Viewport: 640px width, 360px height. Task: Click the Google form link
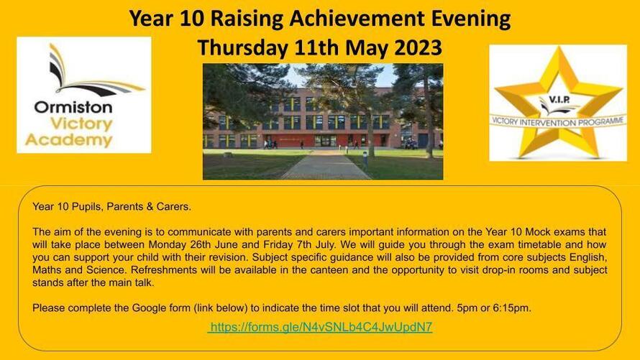tap(321, 327)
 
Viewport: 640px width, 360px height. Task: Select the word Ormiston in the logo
tap(73, 108)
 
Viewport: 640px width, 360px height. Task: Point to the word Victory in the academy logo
tap(81, 124)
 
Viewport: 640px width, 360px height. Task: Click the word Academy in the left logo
tap(68, 140)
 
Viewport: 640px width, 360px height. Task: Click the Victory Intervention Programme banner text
tap(558, 121)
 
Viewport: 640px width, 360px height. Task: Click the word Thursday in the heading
tap(243, 47)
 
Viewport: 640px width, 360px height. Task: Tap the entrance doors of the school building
tap(325, 141)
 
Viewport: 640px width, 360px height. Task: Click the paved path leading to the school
tap(325, 165)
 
